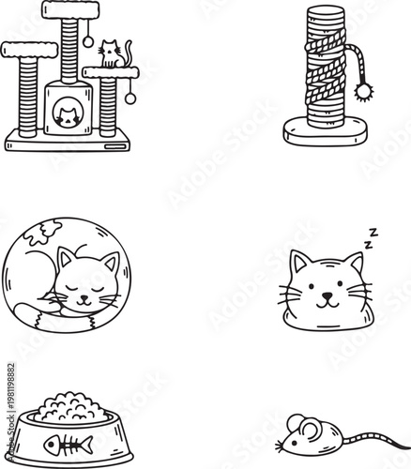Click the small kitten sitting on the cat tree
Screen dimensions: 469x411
(113, 54)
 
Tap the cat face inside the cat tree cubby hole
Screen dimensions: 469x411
(67, 115)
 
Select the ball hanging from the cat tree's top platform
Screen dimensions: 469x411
(87, 43)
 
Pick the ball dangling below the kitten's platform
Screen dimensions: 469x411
(130, 98)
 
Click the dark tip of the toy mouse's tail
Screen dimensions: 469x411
(405, 434)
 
